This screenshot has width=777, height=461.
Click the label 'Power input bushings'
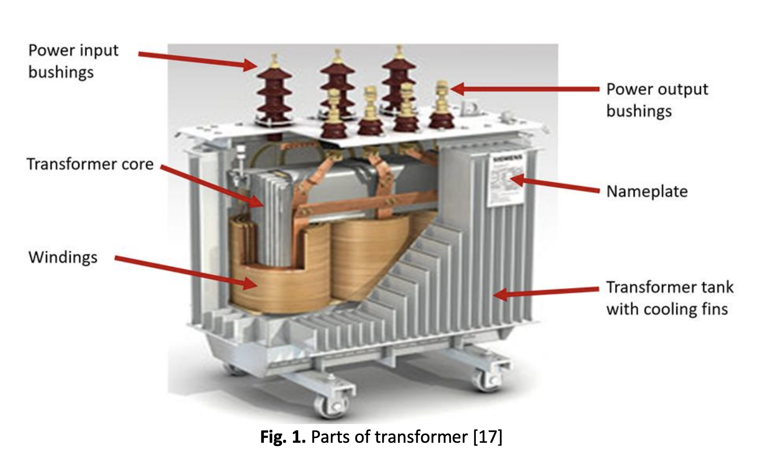click(x=73, y=61)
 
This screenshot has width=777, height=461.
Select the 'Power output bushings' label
click(x=657, y=100)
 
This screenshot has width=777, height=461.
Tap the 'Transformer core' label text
click(x=90, y=164)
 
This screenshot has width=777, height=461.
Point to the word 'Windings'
click(x=63, y=257)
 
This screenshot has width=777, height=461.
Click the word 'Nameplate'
click(x=647, y=192)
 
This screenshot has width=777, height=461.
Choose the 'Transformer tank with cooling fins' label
click(x=669, y=298)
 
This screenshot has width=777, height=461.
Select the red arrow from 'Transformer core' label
click(x=211, y=186)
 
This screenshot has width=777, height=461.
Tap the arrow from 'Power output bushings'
click(x=525, y=89)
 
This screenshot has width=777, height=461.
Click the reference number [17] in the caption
click(x=487, y=437)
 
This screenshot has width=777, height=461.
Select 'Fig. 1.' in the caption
click(x=283, y=437)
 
